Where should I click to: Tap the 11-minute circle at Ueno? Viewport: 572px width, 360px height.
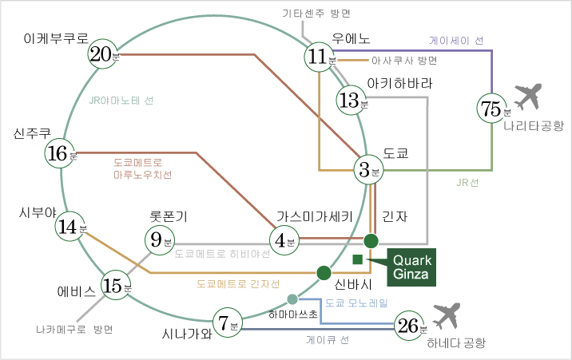pyautogui.click(x=320, y=57)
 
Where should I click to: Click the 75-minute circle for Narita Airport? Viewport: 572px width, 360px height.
pyautogui.click(x=493, y=109)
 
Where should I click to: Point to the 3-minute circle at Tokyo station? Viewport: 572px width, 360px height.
pyautogui.click(x=368, y=169)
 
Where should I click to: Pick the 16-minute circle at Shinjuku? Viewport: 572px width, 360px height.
pyautogui.click(x=60, y=152)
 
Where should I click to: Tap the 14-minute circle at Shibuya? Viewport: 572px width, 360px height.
pyautogui.click(x=70, y=227)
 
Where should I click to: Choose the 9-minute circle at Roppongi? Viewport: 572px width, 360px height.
pyautogui.click(x=159, y=239)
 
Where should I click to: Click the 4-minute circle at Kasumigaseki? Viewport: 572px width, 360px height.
pyautogui.click(x=283, y=239)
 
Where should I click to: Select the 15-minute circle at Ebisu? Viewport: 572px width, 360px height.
pyautogui.click(x=117, y=285)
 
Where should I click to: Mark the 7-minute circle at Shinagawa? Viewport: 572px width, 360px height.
pyautogui.click(x=226, y=322)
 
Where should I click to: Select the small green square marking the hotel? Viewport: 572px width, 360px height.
pyautogui.click(x=357, y=259)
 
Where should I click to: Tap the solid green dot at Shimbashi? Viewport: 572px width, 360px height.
pyautogui.click(x=324, y=273)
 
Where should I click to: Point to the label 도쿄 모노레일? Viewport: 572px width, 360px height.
pyautogui.click(x=356, y=303)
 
